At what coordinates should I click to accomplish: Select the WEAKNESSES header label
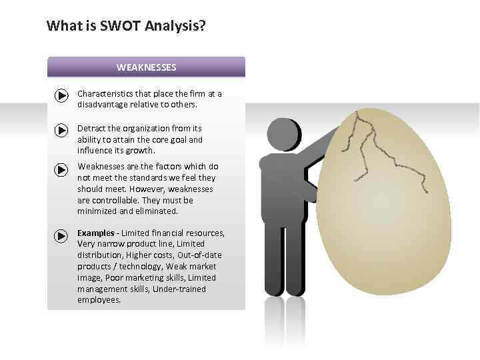[x=146, y=67]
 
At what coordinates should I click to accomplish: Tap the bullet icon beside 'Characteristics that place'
[x=61, y=97]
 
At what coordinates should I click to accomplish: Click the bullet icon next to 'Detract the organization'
[x=61, y=131]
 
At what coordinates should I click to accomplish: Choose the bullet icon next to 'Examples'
[x=61, y=236]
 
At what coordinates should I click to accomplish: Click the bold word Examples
[x=95, y=233]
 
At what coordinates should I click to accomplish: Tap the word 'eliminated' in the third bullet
[x=156, y=211]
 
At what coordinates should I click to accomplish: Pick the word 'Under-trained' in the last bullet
[x=179, y=289]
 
